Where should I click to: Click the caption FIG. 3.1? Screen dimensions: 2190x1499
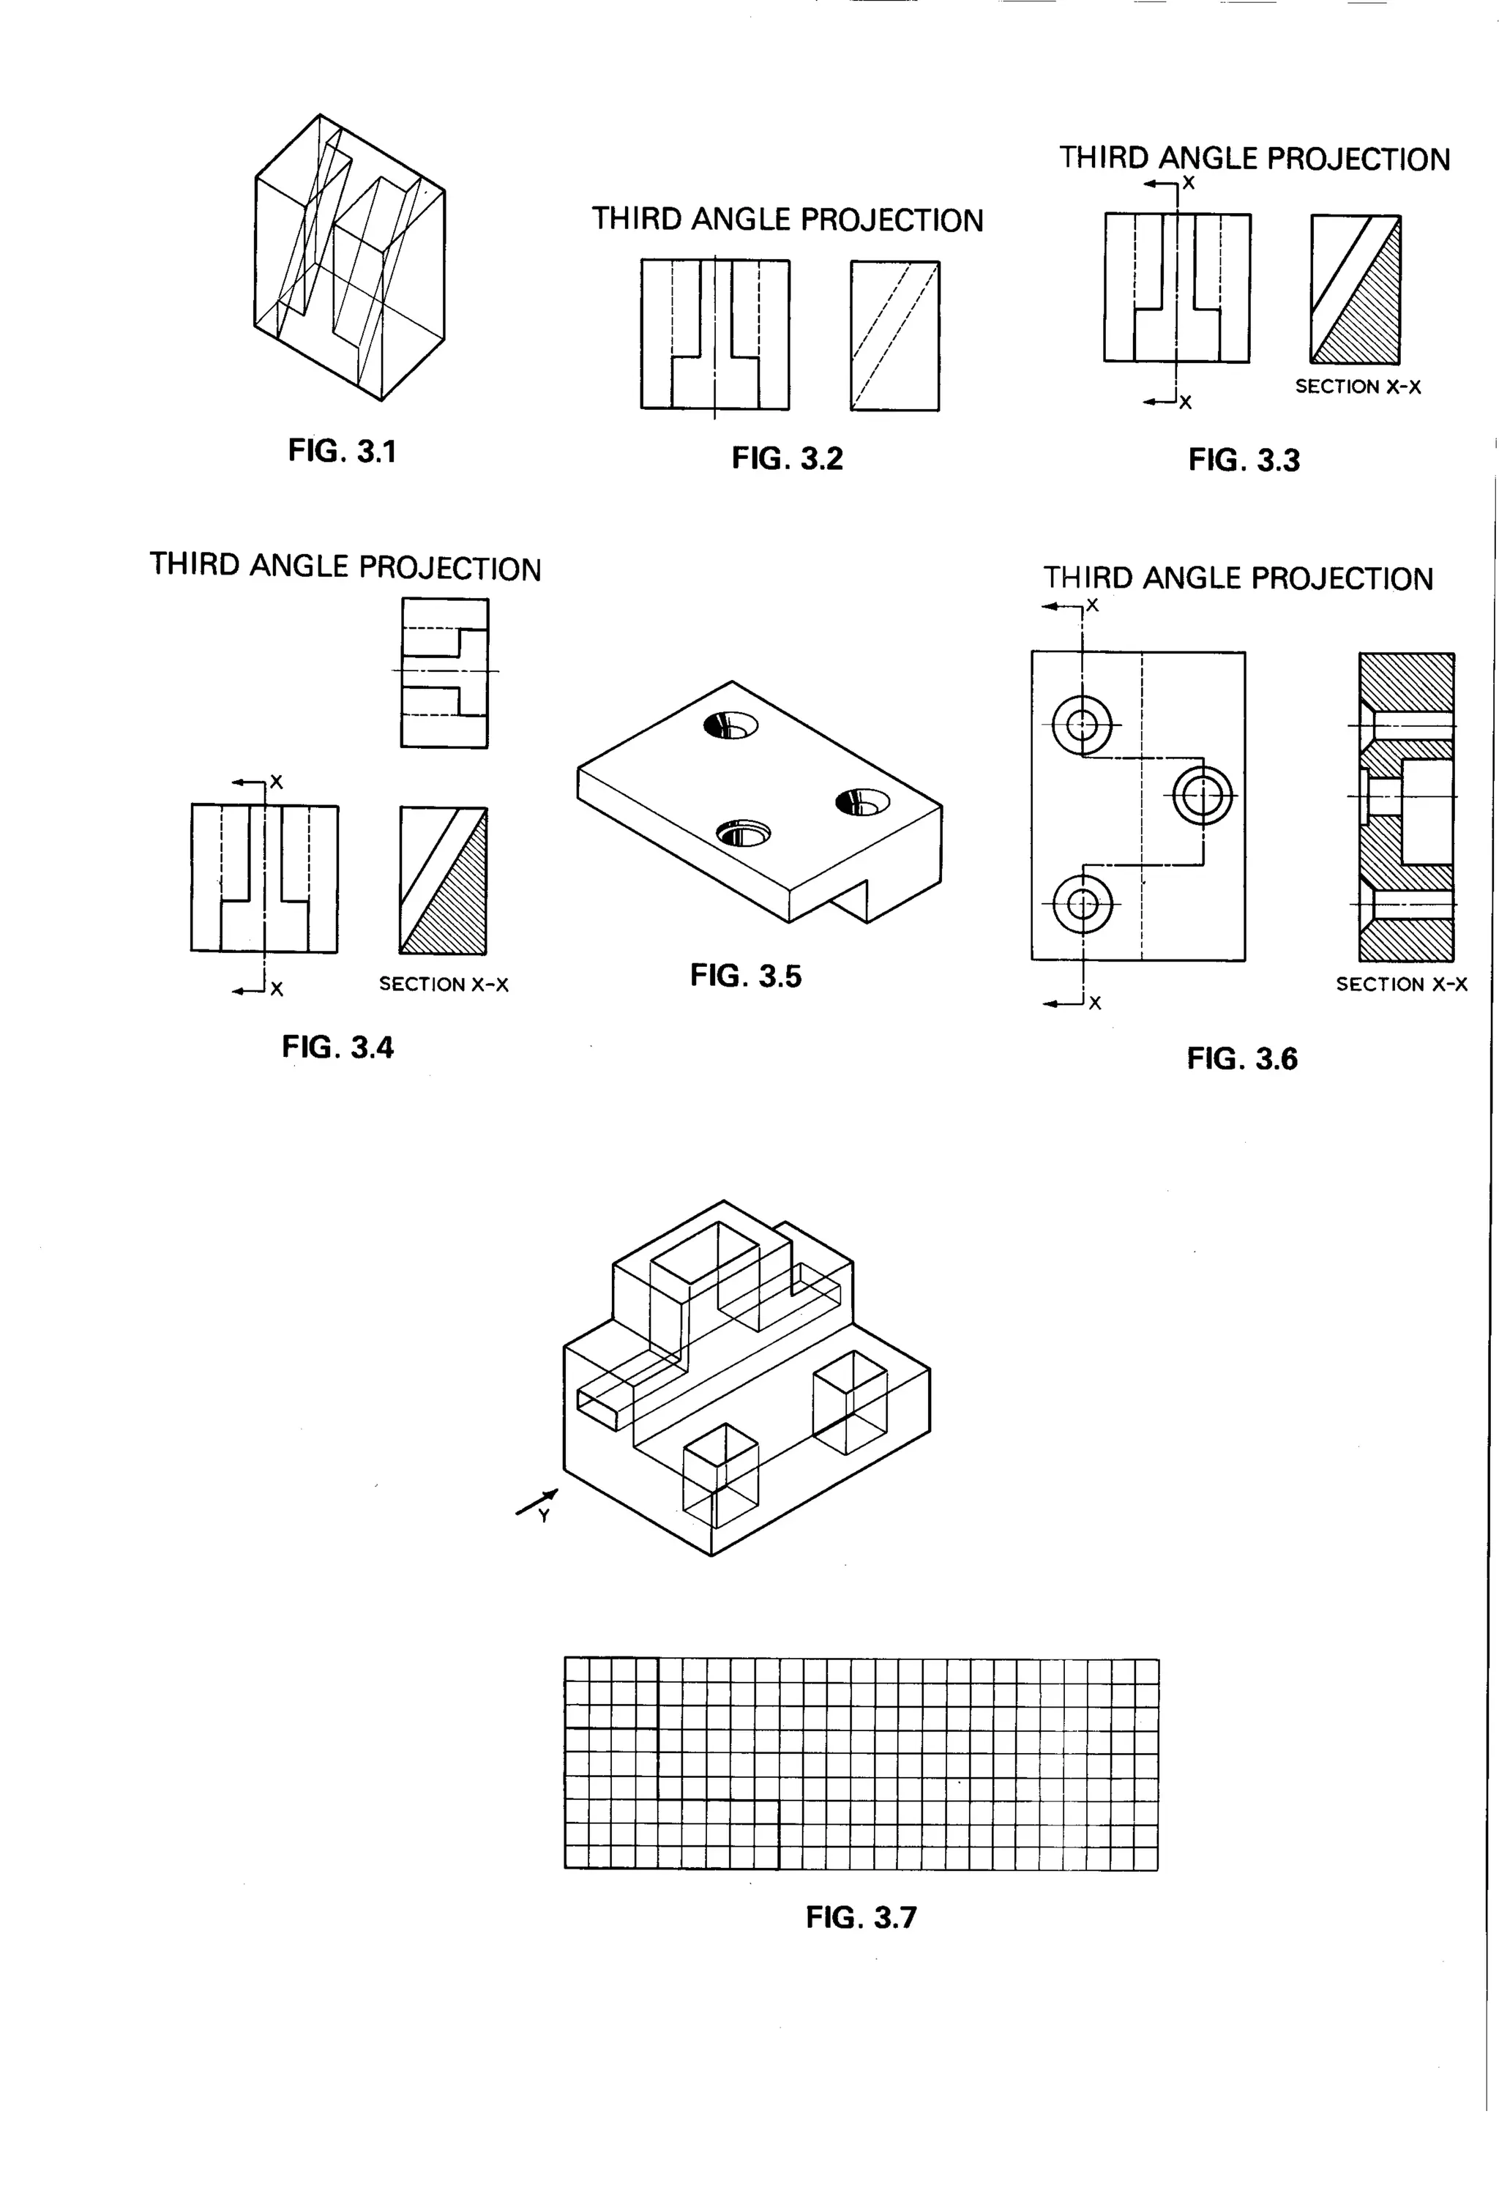point(342,452)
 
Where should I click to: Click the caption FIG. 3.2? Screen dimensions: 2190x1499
point(787,459)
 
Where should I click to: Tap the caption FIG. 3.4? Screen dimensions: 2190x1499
point(337,1047)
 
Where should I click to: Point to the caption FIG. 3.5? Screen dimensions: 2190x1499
point(745,975)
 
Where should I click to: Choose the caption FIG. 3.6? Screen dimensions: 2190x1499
point(1242,1058)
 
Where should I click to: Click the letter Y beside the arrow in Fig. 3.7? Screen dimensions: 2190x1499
point(544,1516)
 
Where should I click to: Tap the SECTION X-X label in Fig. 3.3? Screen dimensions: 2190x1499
point(1358,386)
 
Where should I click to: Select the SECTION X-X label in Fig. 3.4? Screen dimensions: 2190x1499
point(444,984)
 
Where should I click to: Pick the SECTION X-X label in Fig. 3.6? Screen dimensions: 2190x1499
point(1401,984)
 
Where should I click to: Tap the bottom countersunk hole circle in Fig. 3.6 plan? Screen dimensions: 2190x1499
point(1083,904)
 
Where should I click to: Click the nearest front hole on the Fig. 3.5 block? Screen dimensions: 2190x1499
point(742,834)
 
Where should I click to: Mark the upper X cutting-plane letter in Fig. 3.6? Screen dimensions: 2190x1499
point(1092,606)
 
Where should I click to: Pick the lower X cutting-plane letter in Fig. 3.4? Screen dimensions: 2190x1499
point(276,990)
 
